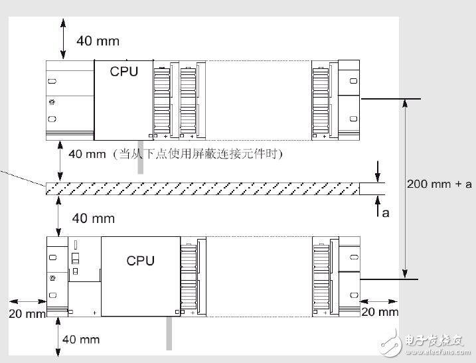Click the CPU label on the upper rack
(124, 72)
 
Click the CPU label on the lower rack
(141, 261)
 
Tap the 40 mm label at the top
(98, 41)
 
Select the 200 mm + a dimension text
(439, 184)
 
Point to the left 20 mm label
(27, 313)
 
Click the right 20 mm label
(380, 312)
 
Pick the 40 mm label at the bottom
(81, 339)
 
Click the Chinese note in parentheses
(197, 154)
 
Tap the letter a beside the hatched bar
(386, 213)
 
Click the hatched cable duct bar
(202, 188)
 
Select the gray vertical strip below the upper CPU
(140, 157)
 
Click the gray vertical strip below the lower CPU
(169, 333)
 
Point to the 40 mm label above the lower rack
(94, 218)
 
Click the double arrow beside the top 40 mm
(63, 38)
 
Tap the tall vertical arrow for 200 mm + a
(405, 188)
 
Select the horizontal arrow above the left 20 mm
(28, 301)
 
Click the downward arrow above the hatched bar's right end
(377, 171)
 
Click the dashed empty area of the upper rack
(259, 100)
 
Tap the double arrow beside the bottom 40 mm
(58, 336)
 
